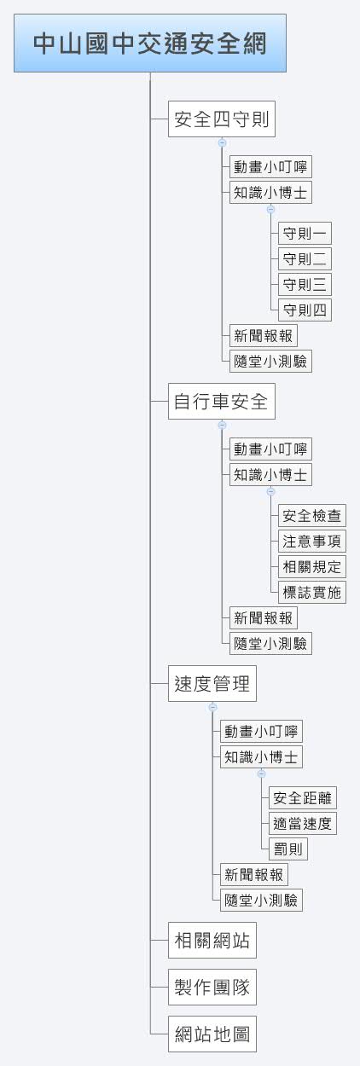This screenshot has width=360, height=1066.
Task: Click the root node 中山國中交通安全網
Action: pos(150,43)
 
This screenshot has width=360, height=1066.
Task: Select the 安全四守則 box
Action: pos(222,119)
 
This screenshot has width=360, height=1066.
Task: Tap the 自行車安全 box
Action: pos(222,401)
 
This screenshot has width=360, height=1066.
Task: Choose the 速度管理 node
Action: pos(212,683)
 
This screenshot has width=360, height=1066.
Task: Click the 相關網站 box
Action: pos(212,940)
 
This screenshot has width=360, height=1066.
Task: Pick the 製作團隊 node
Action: pos(212,987)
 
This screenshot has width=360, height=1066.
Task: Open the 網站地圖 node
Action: pos(212,1034)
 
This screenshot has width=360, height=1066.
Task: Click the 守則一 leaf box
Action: pos(305,233)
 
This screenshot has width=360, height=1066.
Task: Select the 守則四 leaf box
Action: pos(305,310)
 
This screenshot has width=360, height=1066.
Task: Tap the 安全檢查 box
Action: pos(312,515)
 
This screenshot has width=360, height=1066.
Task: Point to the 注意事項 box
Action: pos(312,541)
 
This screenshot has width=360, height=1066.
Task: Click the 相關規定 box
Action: pos(312,567)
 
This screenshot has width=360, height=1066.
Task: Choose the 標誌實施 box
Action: pos(312,593)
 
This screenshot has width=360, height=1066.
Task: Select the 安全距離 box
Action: pos(303,797)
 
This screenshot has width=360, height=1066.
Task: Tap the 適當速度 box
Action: pos(303,823)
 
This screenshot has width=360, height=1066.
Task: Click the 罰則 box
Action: pos(288,849)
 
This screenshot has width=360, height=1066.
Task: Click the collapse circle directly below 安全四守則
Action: pos(222,142)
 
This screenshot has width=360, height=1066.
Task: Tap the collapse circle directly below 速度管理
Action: pos(213,707)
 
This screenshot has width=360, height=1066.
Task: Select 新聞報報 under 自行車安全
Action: pos(264,618)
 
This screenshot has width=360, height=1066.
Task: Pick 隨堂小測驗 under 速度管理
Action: pos(261,901)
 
